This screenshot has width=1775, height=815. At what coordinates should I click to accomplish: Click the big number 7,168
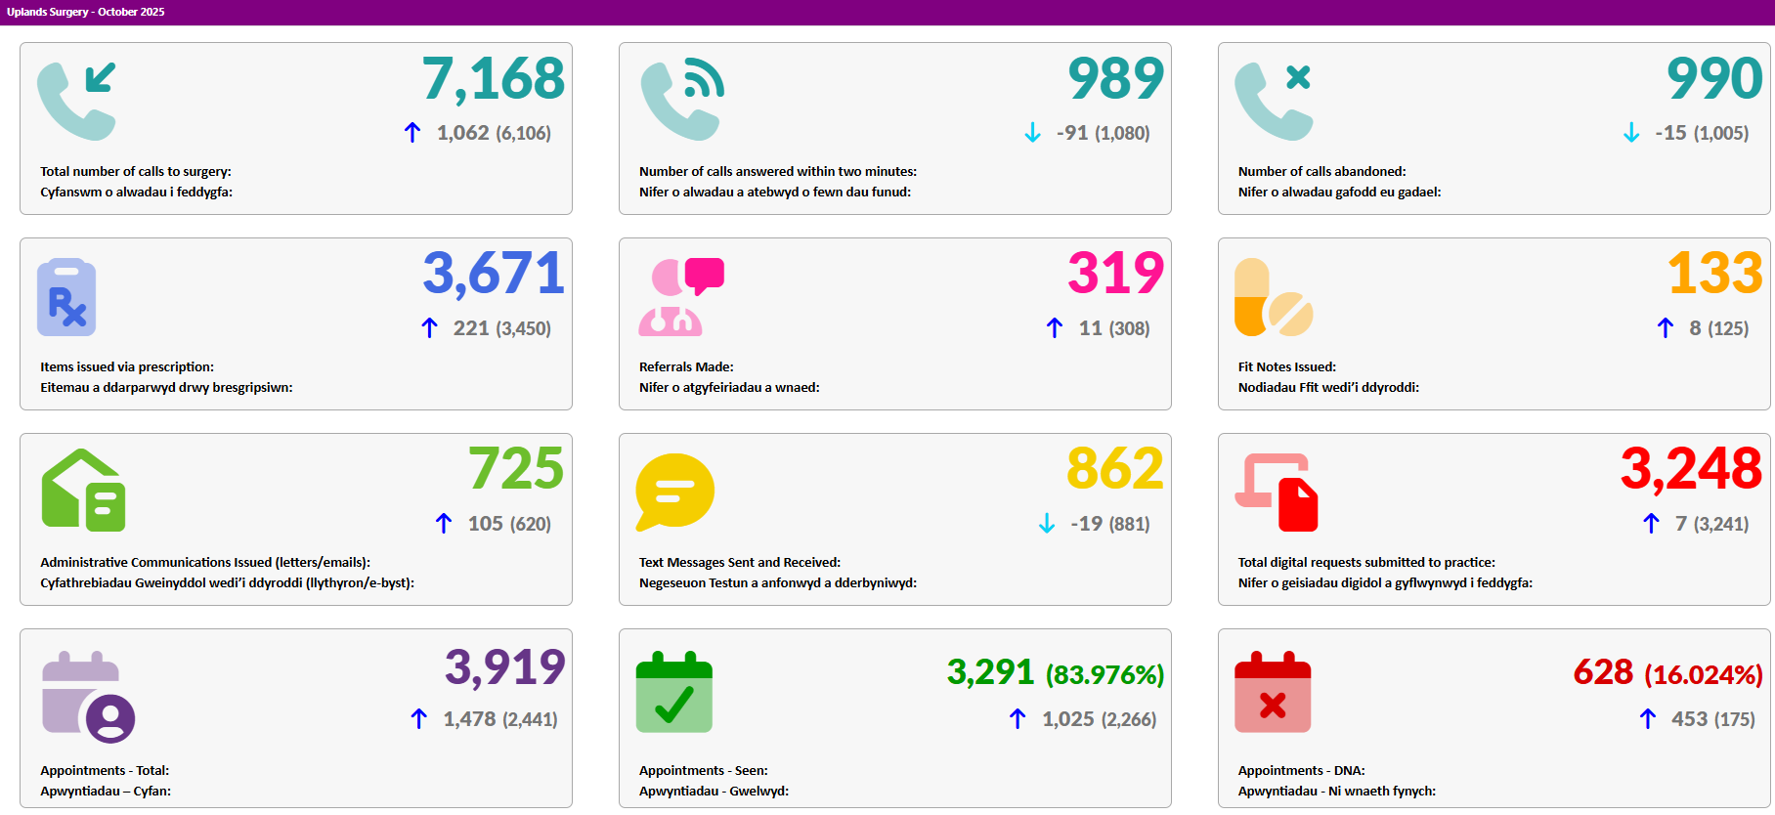[x=494, y=79]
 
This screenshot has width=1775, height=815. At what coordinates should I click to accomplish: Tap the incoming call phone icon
[x=76, y=102]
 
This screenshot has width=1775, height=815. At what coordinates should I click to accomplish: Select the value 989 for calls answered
[x=1116, y=78]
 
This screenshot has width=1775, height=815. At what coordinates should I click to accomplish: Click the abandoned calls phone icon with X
[x=1274, y=102]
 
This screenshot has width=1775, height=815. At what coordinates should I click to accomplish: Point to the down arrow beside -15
[x=1631, y=133]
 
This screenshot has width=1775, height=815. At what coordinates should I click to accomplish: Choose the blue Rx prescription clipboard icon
[x=66, y=297]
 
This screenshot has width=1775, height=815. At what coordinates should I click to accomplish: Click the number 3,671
[x=494, y=274]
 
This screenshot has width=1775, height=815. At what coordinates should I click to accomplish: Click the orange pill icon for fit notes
[x=1274, y=297]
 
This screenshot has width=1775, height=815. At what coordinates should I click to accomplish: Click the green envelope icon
[x=83, y=491]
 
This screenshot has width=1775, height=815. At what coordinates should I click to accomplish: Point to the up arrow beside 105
[x=444, y=524]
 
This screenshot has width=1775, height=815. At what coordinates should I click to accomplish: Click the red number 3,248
[x=1692, y=469]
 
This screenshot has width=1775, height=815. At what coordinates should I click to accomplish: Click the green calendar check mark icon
[x=674, y=692]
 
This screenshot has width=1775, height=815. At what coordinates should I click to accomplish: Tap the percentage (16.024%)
[x=1704, y=675]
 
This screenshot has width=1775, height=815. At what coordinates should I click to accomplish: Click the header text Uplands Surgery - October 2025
[x=86, y=12]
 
